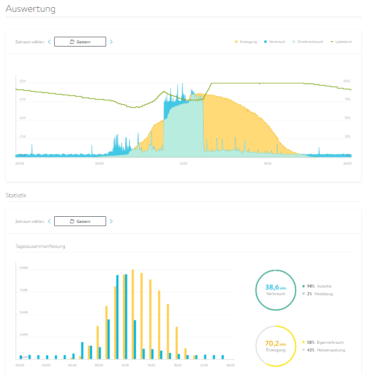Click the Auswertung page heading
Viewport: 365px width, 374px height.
[30, 8]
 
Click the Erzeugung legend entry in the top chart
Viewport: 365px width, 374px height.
[248, 42]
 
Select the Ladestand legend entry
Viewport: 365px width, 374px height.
[343, 42]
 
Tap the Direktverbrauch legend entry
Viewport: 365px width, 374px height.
[310, 42]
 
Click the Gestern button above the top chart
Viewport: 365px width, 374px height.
[80, 42]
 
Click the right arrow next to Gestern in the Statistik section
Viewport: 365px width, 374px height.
[111, 221]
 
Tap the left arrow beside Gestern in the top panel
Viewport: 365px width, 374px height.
[49, 42]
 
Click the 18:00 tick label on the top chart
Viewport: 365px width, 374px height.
[267, 163]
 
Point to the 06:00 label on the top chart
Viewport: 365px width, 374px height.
[99, 163]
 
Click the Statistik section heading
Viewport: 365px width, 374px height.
[16, 195]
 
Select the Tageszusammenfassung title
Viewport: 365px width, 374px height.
[40, 246]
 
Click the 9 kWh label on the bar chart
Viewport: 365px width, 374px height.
[24, 268]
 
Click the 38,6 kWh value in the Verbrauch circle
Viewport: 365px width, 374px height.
[275, 287]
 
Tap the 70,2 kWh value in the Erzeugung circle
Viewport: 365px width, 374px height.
[275, 343]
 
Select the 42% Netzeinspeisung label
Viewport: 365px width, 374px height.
[328, 350]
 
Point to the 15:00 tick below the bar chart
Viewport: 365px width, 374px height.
[151, 365]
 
